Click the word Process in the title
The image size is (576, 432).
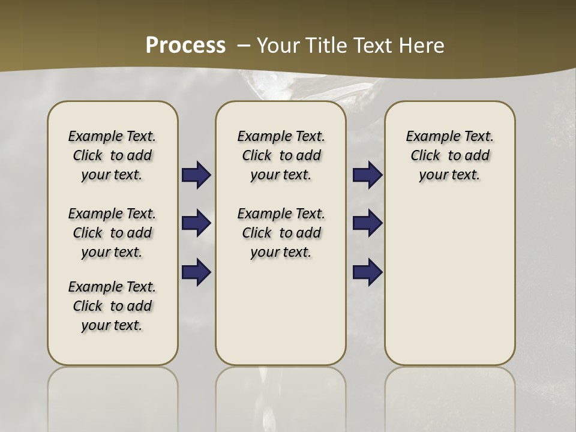pos(185,45)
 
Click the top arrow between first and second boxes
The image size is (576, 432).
pos(196,175)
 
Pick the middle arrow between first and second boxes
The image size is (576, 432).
pos(196,223)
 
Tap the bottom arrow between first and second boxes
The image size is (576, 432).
pos(196,272)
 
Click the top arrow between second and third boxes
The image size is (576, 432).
pos(367,175)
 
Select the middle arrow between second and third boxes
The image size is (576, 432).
pos(367,223)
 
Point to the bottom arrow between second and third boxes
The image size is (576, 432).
pos(367,272)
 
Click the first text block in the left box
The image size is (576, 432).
pos(112,155)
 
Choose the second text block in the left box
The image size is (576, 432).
pos(112,233)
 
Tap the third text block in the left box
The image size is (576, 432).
pos(112,306)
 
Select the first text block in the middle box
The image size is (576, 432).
pos(281,155)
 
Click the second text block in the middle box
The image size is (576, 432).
pos(281,233)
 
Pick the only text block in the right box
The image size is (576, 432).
pos(449,155)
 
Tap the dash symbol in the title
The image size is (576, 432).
pos(244,45)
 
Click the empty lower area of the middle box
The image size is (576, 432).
pos(281,312)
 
